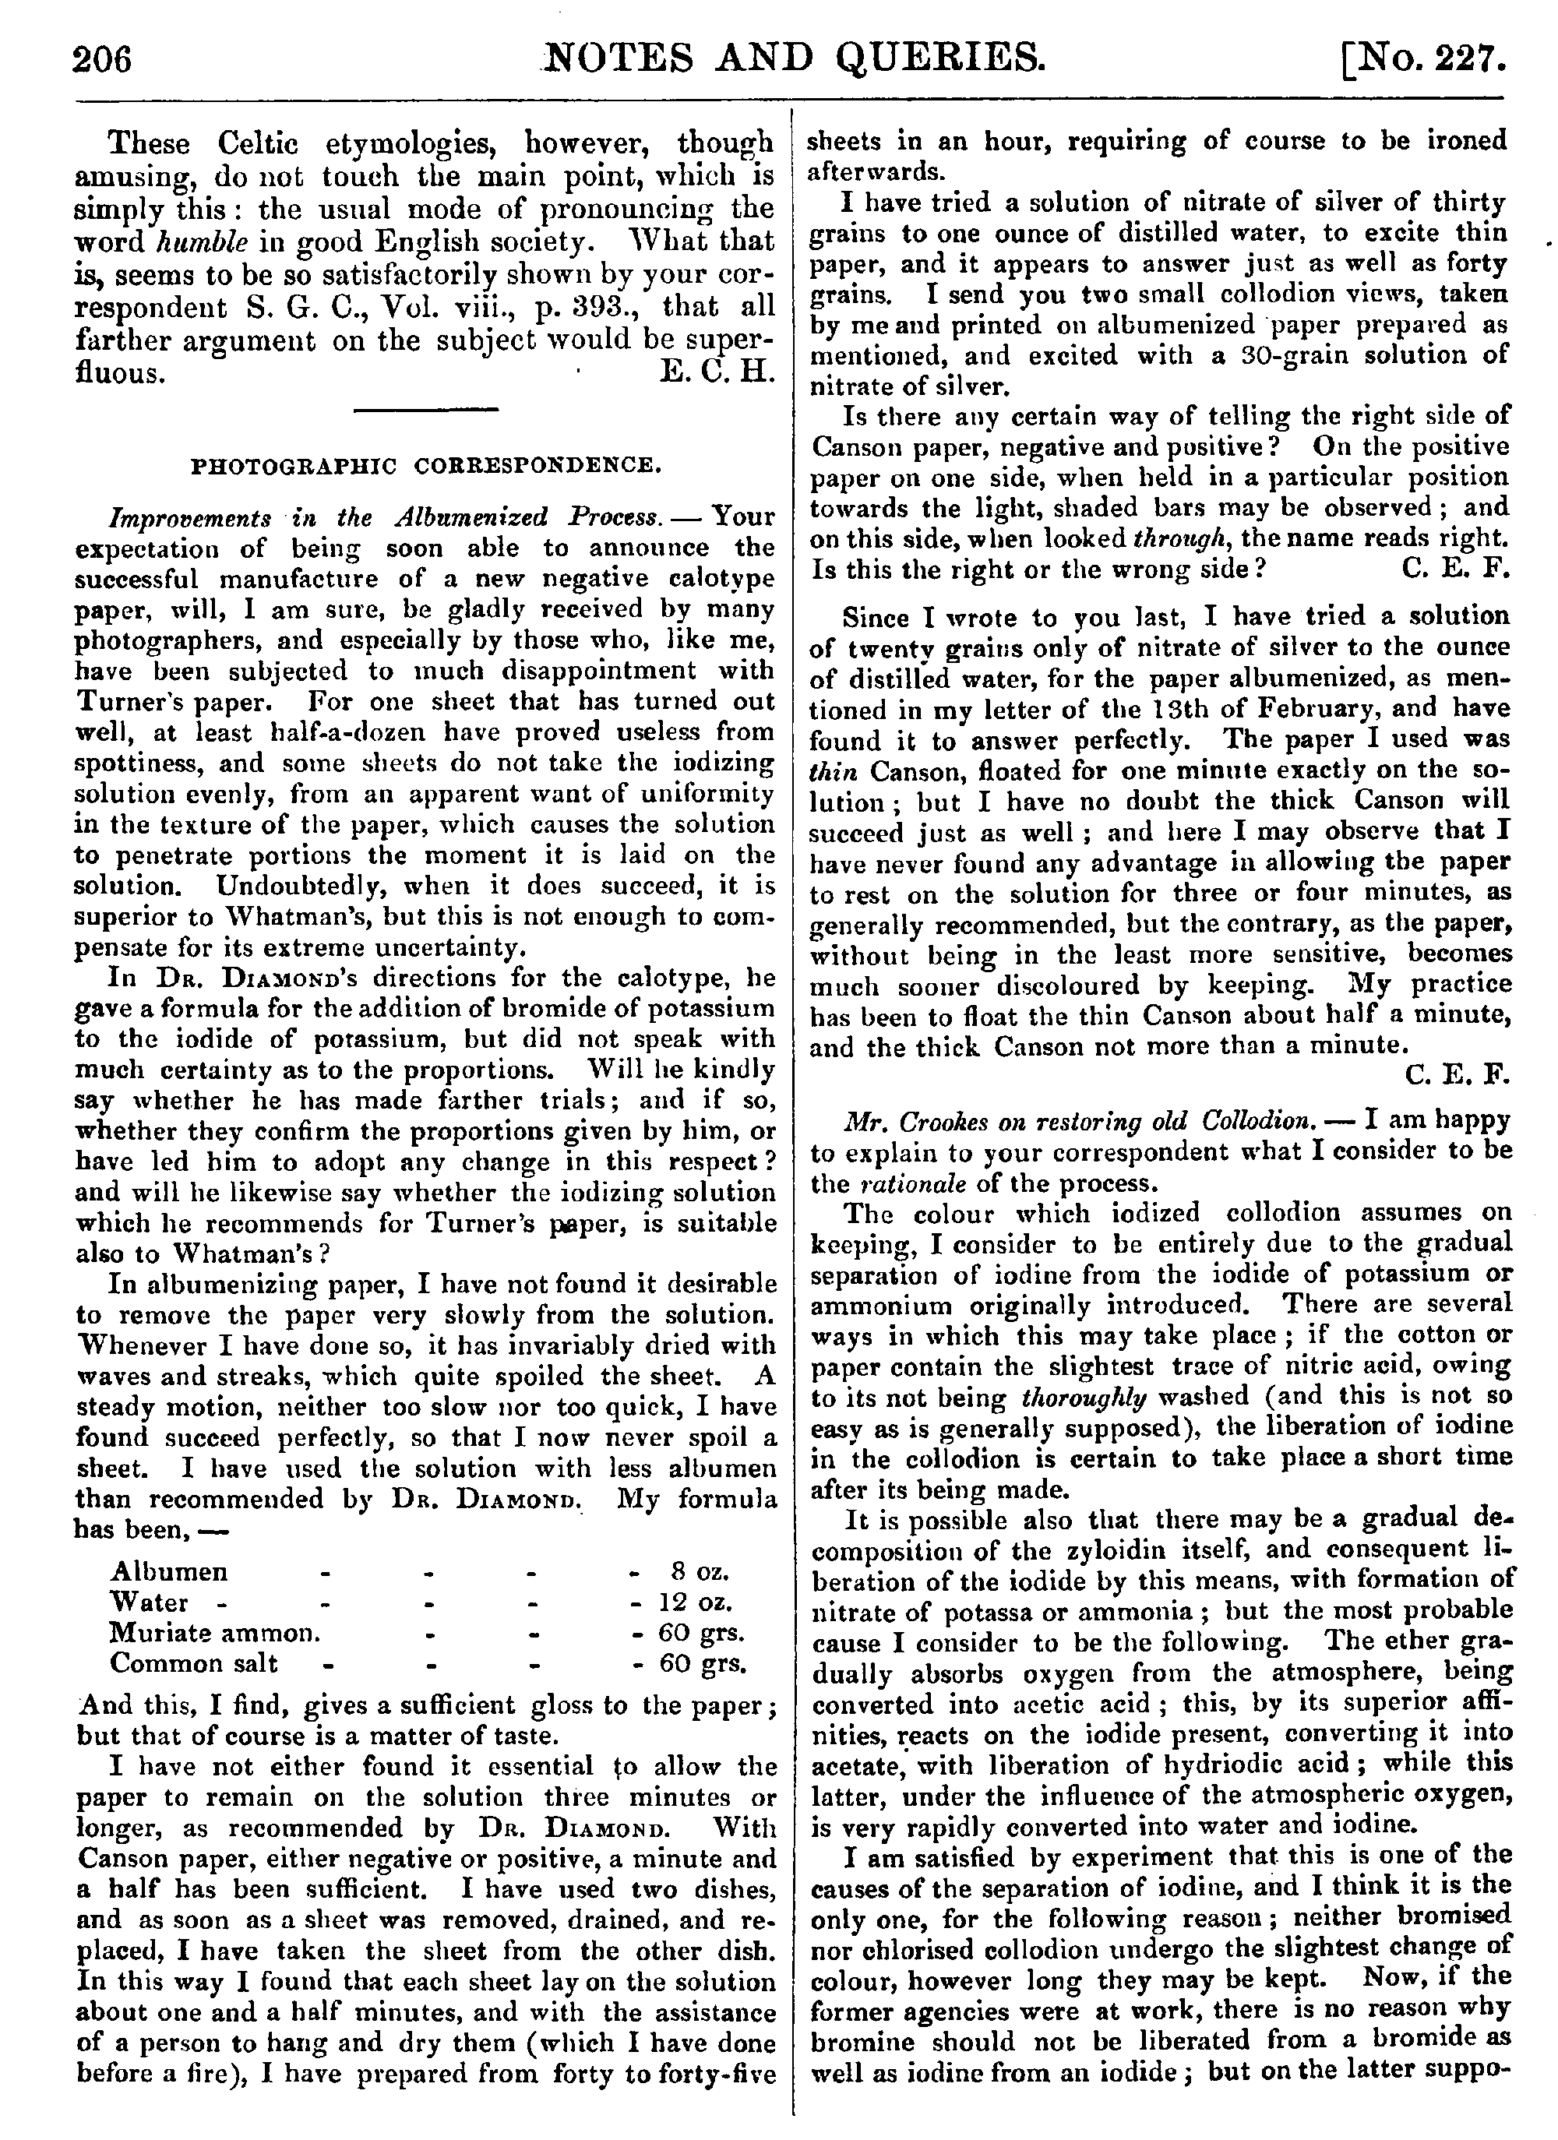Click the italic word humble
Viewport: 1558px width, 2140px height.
pos(201,241)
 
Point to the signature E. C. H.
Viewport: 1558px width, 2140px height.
pos(717,372)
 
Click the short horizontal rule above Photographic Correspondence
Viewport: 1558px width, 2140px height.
pos(425,410)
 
